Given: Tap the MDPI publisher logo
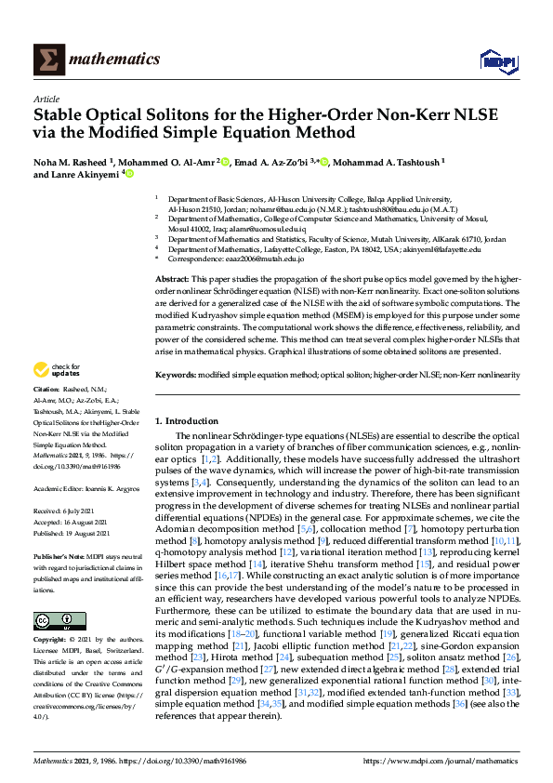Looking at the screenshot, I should (x=497, y=60).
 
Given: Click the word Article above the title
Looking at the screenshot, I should (x=46, y=99).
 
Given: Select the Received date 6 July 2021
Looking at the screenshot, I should (x=67, y=511).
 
